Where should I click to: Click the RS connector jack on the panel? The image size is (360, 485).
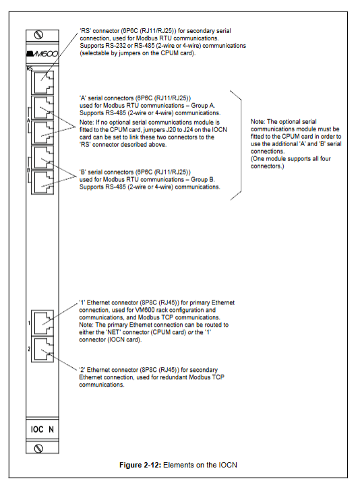(x=42, y=82)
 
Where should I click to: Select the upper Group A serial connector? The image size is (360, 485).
(x=42, y=107)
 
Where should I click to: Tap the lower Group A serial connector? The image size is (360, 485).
(x=42, y=132)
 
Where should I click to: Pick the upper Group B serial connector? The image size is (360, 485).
(x=42, y=158)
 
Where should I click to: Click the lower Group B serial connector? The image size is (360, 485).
(x=42, y=183)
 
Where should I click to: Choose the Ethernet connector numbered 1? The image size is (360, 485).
(x=42, y=323)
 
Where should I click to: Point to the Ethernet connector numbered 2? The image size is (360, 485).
(x=42, y=350)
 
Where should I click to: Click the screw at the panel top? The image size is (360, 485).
(x=38, y=35)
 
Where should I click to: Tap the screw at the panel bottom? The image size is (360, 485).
(x=38, y=448)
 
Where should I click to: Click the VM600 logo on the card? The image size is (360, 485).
(x=42, y=54)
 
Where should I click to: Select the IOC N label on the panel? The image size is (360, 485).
(x=42, y=429)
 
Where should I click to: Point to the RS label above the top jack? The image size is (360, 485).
(x=30, y=68)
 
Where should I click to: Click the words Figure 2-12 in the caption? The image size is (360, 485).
(x=140, y=465)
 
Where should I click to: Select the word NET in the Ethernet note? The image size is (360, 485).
(x=114, y=332)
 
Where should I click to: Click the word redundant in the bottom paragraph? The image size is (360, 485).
(x=175, y=377)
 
